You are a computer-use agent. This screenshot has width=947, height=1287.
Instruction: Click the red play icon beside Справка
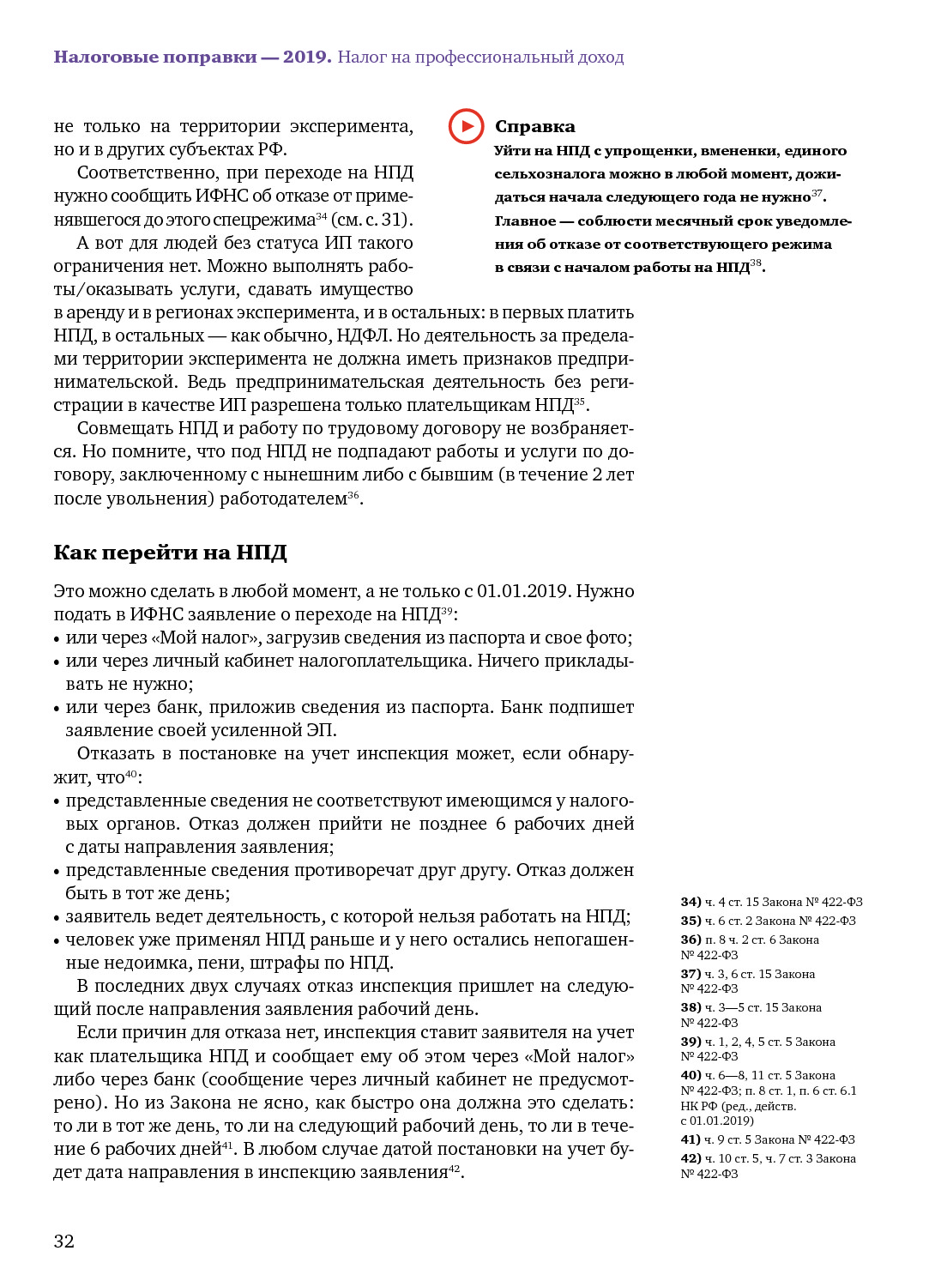(x=466, y=126)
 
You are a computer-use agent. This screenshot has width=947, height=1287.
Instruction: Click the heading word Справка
(x=534, y=127)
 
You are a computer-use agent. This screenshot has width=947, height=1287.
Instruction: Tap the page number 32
(x=64, y=1241)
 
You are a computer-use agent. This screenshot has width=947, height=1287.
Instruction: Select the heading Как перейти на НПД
(x=170, y=553)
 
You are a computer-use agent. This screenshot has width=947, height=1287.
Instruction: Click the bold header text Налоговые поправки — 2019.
(x=192, y=57)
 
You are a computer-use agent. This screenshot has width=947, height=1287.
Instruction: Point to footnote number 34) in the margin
(x=691, y=902)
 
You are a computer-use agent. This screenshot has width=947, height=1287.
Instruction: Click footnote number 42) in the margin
(x=691, y=1158)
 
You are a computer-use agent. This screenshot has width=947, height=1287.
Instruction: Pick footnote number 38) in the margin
(x=691, y=1007)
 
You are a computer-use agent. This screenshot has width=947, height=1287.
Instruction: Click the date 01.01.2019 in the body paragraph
(x=523, y=591)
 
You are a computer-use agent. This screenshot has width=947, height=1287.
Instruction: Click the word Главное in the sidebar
(x=525, y=221)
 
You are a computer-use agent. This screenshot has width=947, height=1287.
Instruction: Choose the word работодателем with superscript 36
(x=283, y=498)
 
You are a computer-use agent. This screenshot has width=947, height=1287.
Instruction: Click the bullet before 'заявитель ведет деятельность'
(x=57, y=918)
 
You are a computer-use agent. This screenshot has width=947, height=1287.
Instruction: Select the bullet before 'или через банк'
(x=57, y=709)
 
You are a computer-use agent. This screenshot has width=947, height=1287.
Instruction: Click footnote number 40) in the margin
(x=691, y=1075)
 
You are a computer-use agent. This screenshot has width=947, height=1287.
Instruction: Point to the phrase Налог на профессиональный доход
(x=480, y=57)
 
